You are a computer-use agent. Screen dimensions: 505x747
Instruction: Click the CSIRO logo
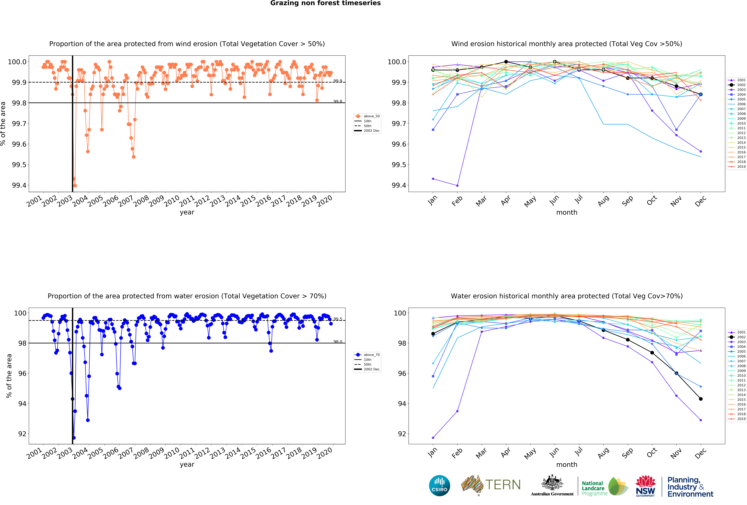pyautogui.click(x=439, y=485)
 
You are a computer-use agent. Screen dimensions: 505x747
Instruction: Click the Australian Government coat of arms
pyautogui.click(x=552, y=482)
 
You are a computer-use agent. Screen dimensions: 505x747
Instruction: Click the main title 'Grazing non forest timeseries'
pyautogui.click(x=325, y=3)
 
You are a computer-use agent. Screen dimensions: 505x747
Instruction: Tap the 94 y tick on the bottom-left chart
pyautogui.click(x=22, y=404)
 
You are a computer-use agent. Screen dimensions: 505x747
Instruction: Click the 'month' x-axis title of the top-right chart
pyautogui.click(x=567, y=212)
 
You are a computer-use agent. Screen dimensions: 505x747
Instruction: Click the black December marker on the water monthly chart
pyautogui.click(x=701, y=399)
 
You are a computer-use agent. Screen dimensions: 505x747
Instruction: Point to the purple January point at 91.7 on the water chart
pyautogui.click(x=433, y=438)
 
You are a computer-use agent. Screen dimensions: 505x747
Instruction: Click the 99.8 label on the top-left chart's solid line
pyautogui.click(x=338, y=101)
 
